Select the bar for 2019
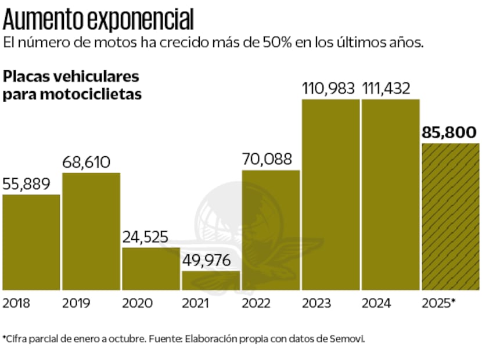(91, 231)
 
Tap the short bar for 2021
(210, 280)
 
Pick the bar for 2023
(330, 194)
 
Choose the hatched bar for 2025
(450, 216)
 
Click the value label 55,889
(27, 184)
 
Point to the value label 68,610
(86, 163)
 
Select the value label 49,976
(206, 260)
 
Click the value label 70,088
(267, 159)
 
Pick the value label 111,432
(386, 89)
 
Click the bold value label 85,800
(450, 133)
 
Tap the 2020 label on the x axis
(137, 303)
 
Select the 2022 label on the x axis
(257, 303)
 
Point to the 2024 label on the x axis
(376, 303)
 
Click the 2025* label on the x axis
(438, 303)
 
